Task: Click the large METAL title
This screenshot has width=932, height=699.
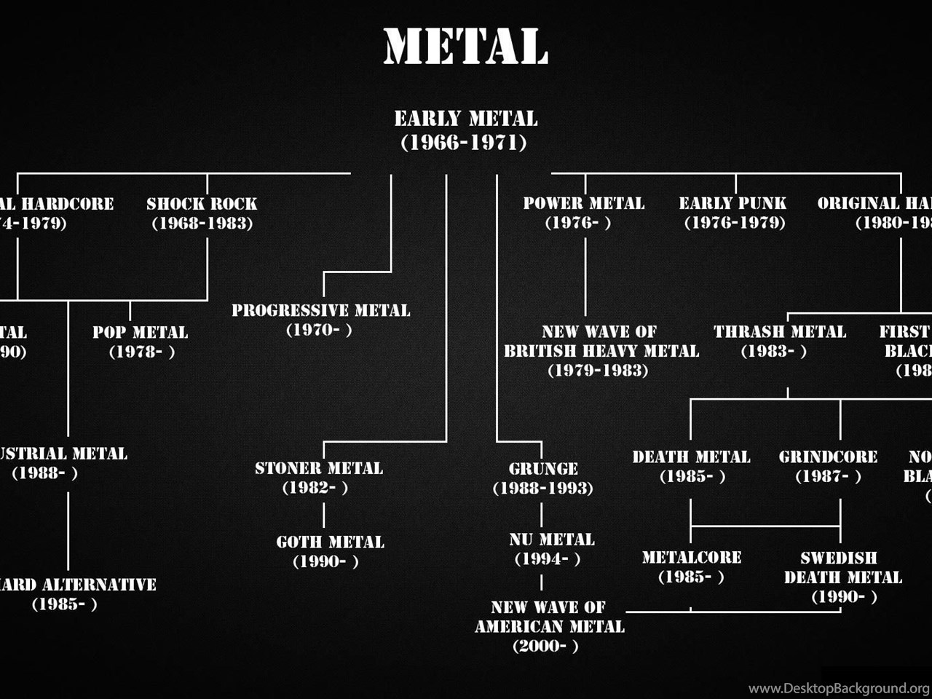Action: tap(465, 47)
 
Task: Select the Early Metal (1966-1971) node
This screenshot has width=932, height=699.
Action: tap(465, 130)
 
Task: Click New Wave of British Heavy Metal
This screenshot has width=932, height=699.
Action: tap(601, 350)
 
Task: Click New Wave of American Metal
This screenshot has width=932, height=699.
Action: tap(549, 626)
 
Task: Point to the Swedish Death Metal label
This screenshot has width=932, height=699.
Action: tap(842, 577)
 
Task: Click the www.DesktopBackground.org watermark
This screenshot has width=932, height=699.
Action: tap(838, 688)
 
